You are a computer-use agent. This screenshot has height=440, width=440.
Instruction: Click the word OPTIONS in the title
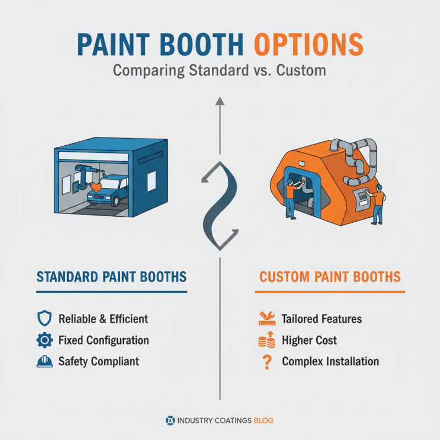[x=309, y=44]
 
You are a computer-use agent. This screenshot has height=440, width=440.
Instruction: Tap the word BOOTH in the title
[x=206, y=44]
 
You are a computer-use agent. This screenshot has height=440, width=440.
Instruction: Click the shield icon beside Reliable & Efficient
[x=43, y=318]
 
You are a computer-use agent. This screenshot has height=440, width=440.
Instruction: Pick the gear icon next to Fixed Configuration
[x=43, y=340]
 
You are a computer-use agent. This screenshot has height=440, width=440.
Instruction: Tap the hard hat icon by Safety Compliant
[x=43, y=361]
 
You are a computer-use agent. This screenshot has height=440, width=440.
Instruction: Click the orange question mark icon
[x=267, y=362]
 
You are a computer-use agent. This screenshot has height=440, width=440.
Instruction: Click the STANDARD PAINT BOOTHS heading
[x=111, y=276]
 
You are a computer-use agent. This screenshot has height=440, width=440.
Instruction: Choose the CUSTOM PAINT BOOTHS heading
[x=330, y=276]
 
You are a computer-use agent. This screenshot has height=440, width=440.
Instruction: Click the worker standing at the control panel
[x=378, y=204]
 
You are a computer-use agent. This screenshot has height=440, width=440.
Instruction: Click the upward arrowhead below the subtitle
[x=219, y=101]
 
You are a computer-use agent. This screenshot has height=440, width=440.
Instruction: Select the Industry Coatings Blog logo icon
[x=170, y=421]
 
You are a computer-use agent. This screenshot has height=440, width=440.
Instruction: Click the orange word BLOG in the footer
[x=264, y=421]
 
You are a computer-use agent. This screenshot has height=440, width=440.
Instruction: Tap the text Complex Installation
[x=330, y=362]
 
